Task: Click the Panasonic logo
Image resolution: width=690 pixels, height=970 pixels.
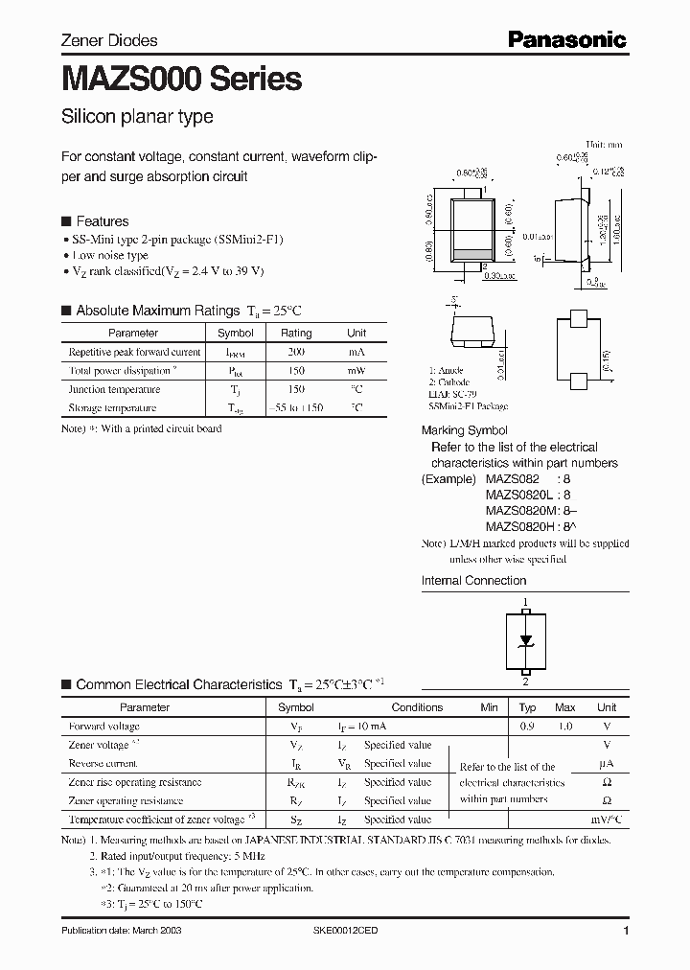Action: click(566, 39)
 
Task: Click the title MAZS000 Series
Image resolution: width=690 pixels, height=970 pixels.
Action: click(181, 79)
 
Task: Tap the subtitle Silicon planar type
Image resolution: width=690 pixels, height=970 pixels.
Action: click(137, 117)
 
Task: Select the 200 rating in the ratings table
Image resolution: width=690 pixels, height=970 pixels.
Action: click(295, 352)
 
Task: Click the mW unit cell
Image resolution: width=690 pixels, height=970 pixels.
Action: click(356, 370)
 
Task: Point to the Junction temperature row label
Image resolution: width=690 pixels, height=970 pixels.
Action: click(112, 389)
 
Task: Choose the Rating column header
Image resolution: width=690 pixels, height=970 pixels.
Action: click(295, 334)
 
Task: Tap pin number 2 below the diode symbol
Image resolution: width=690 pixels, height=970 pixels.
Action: click(525, 682)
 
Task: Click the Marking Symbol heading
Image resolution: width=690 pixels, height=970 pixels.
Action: click(465, 430)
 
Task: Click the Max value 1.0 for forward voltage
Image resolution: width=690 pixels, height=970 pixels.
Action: click(564, 727)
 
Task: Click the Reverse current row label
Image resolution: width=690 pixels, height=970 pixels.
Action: click(103, 764)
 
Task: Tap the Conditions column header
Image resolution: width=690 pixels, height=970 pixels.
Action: click(417, 707)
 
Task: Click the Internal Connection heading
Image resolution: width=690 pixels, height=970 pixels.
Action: click(473, 580)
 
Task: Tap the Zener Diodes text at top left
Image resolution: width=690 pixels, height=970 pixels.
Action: click(109, 40)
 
